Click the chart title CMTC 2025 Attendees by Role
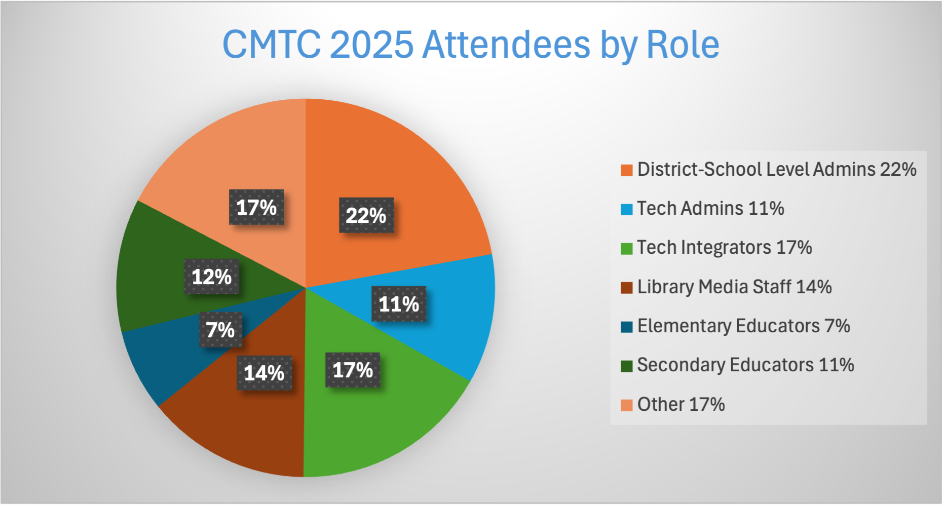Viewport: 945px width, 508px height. click(471, 45)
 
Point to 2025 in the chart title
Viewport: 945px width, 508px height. click(371, 45)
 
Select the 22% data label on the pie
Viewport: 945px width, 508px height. click(366, 215)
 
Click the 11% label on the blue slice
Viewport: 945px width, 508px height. click(399, 304)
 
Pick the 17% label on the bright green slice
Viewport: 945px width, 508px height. click(353, 370)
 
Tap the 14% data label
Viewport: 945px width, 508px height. click(264, 373)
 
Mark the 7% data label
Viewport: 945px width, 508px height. click(220, 330)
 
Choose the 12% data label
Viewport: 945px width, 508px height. click(211, 277)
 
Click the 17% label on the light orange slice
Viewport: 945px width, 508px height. click(256, 207)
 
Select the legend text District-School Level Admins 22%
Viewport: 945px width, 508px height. click(776, 170)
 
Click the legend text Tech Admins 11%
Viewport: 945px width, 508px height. click(710, 209)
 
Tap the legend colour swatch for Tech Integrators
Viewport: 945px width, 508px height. click(627, 249)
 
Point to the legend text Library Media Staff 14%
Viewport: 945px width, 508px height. click(734, 287)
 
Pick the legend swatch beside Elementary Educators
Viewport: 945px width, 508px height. click(627, 327)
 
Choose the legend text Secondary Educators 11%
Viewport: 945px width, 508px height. click(745, 365)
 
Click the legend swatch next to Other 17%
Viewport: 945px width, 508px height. click(627, 405)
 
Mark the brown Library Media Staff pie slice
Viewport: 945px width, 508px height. click(243, 431)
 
